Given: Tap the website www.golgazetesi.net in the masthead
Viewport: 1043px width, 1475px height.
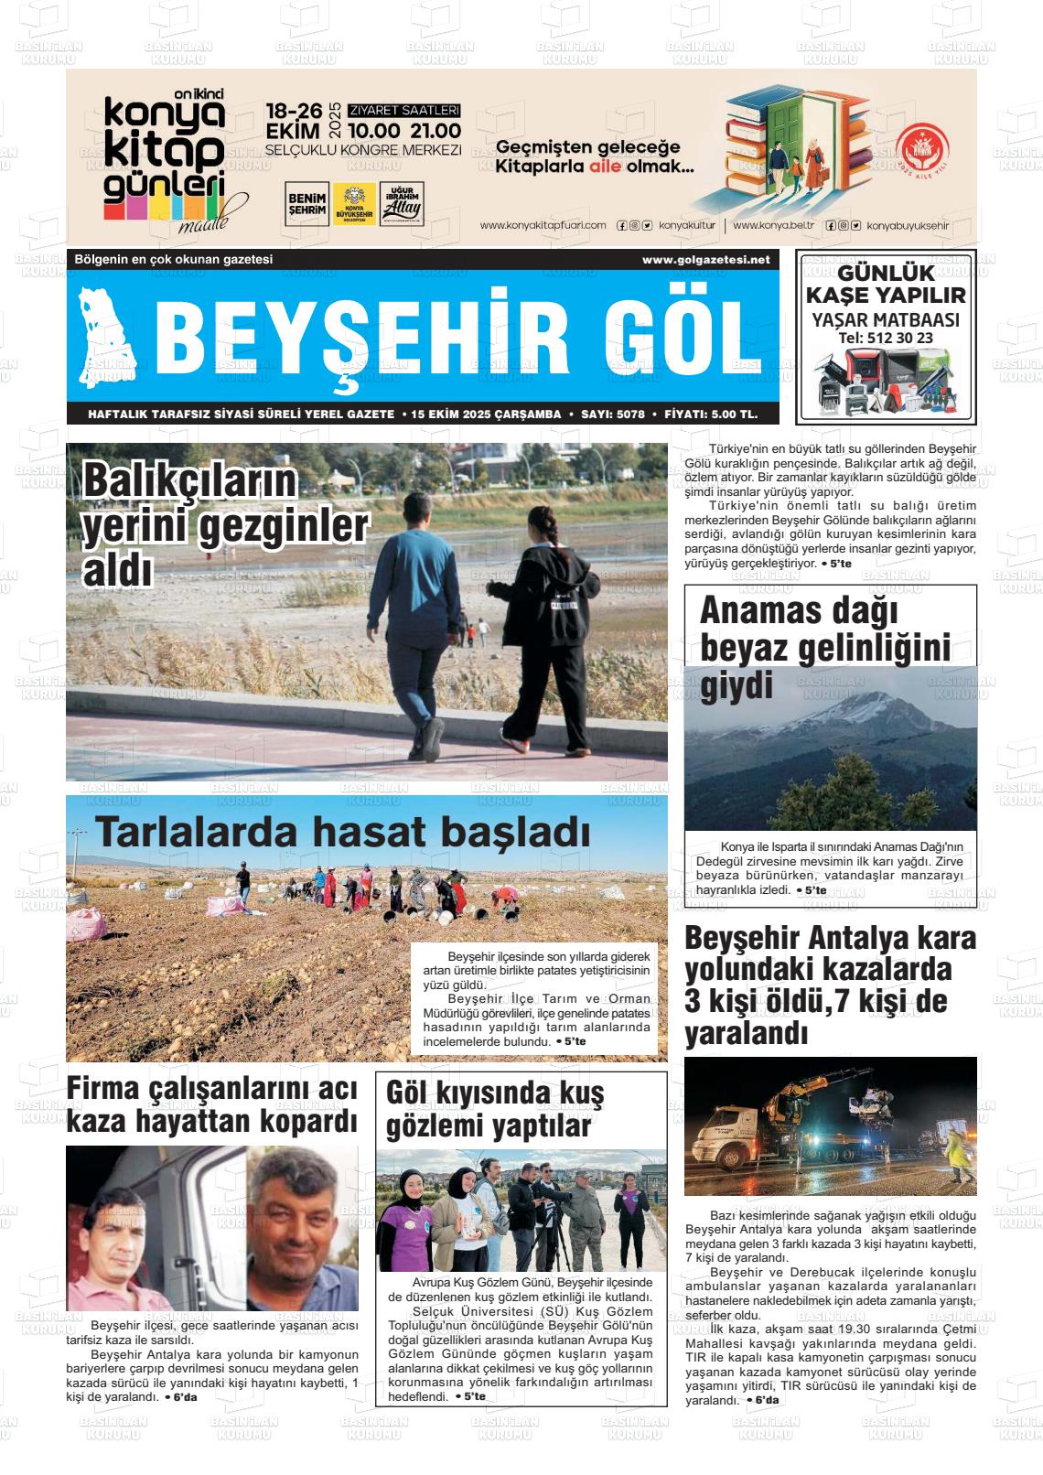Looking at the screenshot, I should (x=705, y=260).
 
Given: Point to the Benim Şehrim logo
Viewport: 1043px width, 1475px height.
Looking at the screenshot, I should (x=306, y=203).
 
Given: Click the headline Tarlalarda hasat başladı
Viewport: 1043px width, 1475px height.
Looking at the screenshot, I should (x=342, y=832).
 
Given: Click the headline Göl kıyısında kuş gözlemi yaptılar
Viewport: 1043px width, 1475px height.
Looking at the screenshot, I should (x=495, y=1108).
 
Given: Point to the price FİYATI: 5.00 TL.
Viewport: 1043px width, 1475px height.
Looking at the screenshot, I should (x=711, y=415).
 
